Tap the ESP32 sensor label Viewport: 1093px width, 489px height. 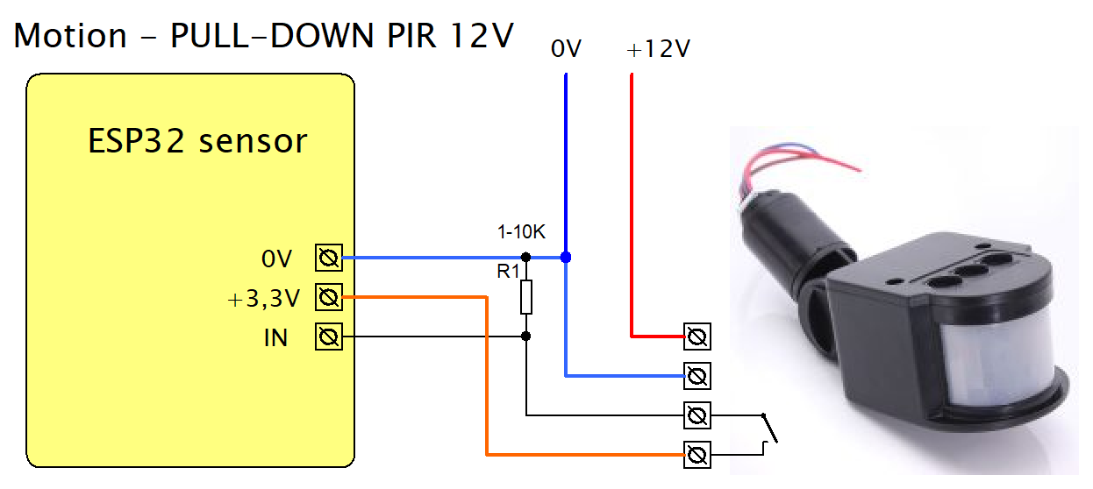(197, 140)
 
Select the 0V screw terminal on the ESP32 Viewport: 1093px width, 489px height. (328, 259)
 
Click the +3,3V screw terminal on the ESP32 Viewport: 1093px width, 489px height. (328, 298)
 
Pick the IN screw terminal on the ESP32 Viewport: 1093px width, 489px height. (328, 337)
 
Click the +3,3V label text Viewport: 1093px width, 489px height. (263, 299)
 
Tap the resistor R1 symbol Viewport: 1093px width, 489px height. (525, 297)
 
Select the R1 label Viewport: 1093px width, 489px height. (509, 272)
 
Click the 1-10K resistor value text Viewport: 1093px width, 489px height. (521, 232)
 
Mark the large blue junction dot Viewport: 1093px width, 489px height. (566, 258)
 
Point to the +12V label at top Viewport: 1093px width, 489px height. (658, 50)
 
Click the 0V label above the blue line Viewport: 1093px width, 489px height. (566, 50)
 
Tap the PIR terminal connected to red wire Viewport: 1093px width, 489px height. (697, 336)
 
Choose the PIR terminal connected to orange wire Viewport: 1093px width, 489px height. (697, 454)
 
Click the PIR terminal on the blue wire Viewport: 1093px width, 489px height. (697, 376)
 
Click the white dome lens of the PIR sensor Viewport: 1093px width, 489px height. (1000, 359)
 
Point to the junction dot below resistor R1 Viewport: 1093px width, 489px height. (525, 337)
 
